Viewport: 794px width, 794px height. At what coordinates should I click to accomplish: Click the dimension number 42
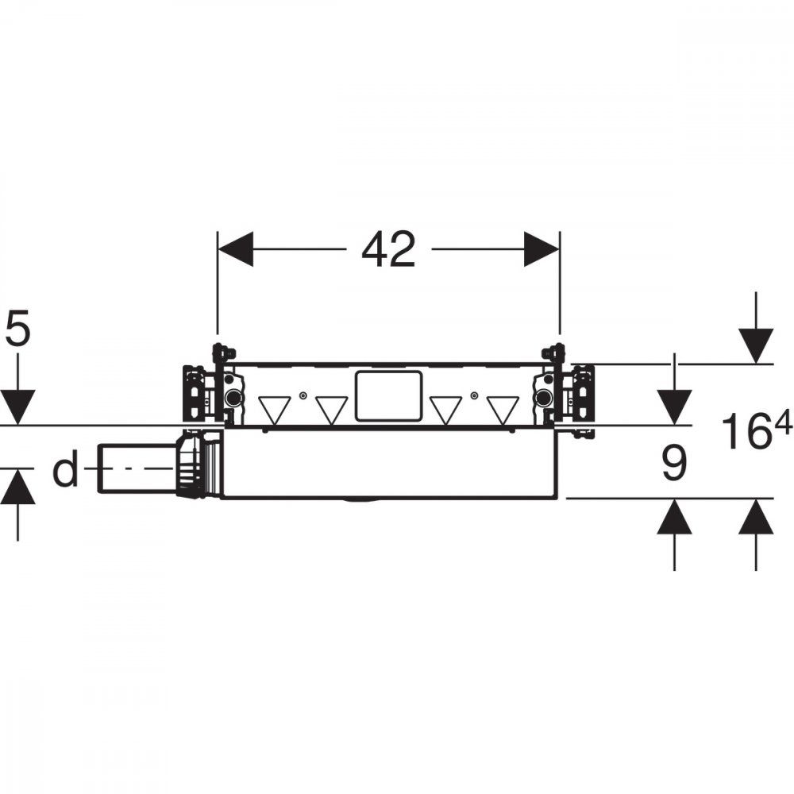(388, 249)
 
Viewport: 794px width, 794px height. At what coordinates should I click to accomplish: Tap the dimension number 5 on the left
(17, 330)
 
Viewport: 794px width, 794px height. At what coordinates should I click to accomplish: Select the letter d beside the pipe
(66, 468)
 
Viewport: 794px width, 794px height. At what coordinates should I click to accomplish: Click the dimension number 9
(674, 463)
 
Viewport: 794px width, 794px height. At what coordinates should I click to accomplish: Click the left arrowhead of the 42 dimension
(236, 249)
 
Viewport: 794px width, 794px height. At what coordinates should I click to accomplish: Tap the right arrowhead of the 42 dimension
(542, 249)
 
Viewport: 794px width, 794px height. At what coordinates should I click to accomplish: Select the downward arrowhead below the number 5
(17, 407)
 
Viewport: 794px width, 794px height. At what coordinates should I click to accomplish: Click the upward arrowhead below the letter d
(17, 486)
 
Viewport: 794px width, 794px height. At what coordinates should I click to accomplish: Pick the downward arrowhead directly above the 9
(674, 407)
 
